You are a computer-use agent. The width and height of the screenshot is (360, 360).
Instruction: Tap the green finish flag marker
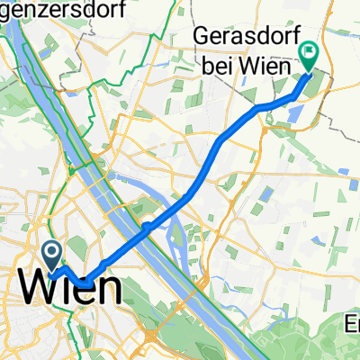click(x=310, y=57)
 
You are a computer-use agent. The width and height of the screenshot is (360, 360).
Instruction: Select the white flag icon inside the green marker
click(x=310, y=52)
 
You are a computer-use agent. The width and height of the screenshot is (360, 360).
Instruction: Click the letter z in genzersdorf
click(x=31, y=10)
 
